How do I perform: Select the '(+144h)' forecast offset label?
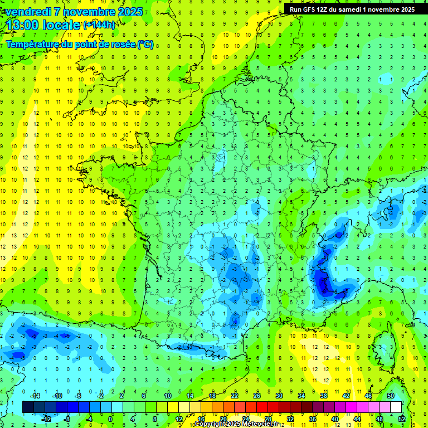(99, 25)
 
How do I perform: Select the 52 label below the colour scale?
(402, 419)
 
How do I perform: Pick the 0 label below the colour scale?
(110, 419)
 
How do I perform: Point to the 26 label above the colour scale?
(257, 396)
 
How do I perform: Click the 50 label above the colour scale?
(391, 396)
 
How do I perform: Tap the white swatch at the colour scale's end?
(396, 407)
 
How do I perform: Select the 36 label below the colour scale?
(312, 419)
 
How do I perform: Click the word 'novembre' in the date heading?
(93, 12)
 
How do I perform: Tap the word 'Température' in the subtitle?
(33, 44)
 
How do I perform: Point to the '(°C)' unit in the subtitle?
(144, 44)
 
